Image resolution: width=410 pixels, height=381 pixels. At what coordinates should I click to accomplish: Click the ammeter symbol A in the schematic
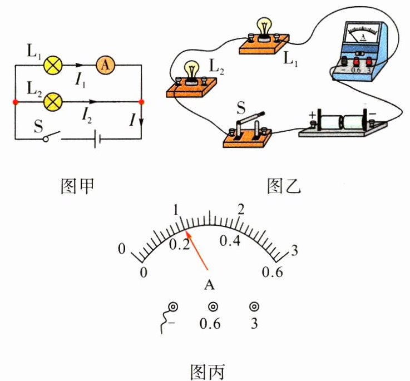[106, 65]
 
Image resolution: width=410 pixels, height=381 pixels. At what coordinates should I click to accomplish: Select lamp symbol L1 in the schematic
[52, 65]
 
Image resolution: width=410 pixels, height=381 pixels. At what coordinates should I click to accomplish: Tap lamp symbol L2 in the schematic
[52, 102]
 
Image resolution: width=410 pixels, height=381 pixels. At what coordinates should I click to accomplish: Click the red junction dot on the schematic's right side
[141, 102]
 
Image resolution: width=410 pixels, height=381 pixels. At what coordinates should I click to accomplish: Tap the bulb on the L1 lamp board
[263, 27]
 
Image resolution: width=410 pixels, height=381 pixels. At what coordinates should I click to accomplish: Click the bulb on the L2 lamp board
[192, 69]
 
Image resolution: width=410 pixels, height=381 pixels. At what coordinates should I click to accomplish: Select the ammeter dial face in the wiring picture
[363, 33]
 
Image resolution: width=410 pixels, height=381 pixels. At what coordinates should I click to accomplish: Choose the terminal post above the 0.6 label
[213, 306]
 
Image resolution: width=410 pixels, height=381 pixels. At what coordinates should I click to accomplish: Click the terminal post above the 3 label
[254, 306]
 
